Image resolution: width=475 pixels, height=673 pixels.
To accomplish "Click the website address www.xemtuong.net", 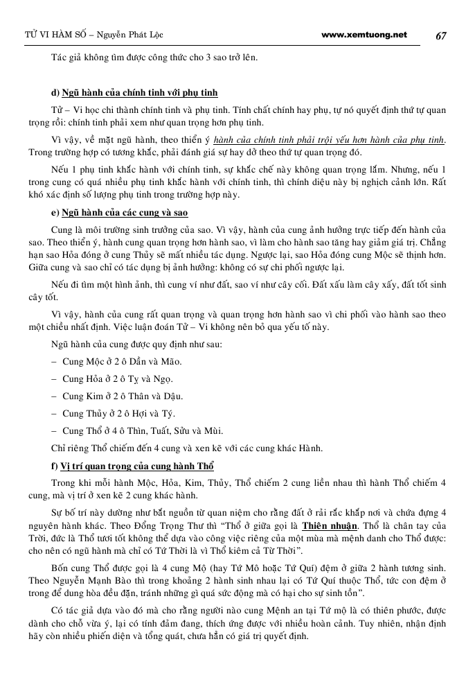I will point(365,35).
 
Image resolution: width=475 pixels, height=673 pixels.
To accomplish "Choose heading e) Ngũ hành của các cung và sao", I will point(119,212).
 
